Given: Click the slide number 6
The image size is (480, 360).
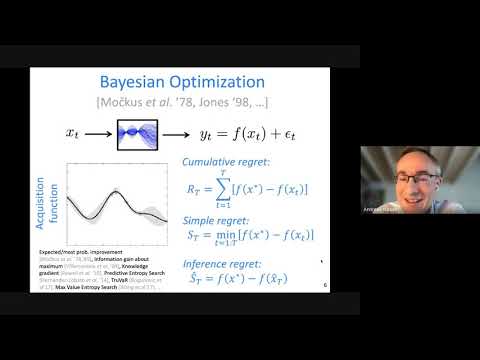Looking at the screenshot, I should (325, 283).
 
